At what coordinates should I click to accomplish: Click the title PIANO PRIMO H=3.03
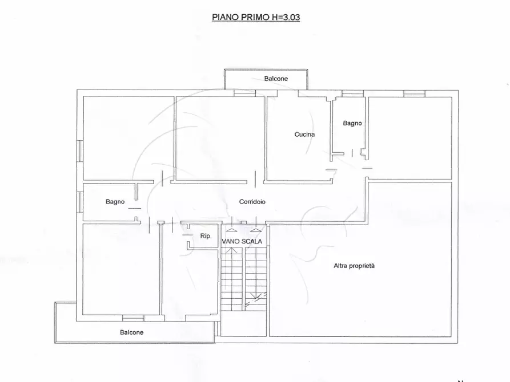click(256, 17)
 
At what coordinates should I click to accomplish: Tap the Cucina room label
click(304, 135)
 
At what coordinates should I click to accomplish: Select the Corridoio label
click(252, 202)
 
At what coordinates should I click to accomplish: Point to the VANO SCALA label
click(242, 241)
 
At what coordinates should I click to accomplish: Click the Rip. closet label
click(206, 236)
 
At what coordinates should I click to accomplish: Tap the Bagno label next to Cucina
click(352, 123)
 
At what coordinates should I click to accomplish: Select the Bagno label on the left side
click(115, 202)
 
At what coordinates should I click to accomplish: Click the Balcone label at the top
click(276, 79)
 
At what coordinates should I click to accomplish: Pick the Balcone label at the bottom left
click(131, 332)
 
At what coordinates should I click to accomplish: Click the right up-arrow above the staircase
click(255, 231)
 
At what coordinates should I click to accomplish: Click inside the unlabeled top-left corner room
click(128, 138)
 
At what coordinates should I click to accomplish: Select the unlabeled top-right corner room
click(409, 137)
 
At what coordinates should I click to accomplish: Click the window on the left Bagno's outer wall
click(79, 202)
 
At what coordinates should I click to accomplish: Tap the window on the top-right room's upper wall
click(412, 93)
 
